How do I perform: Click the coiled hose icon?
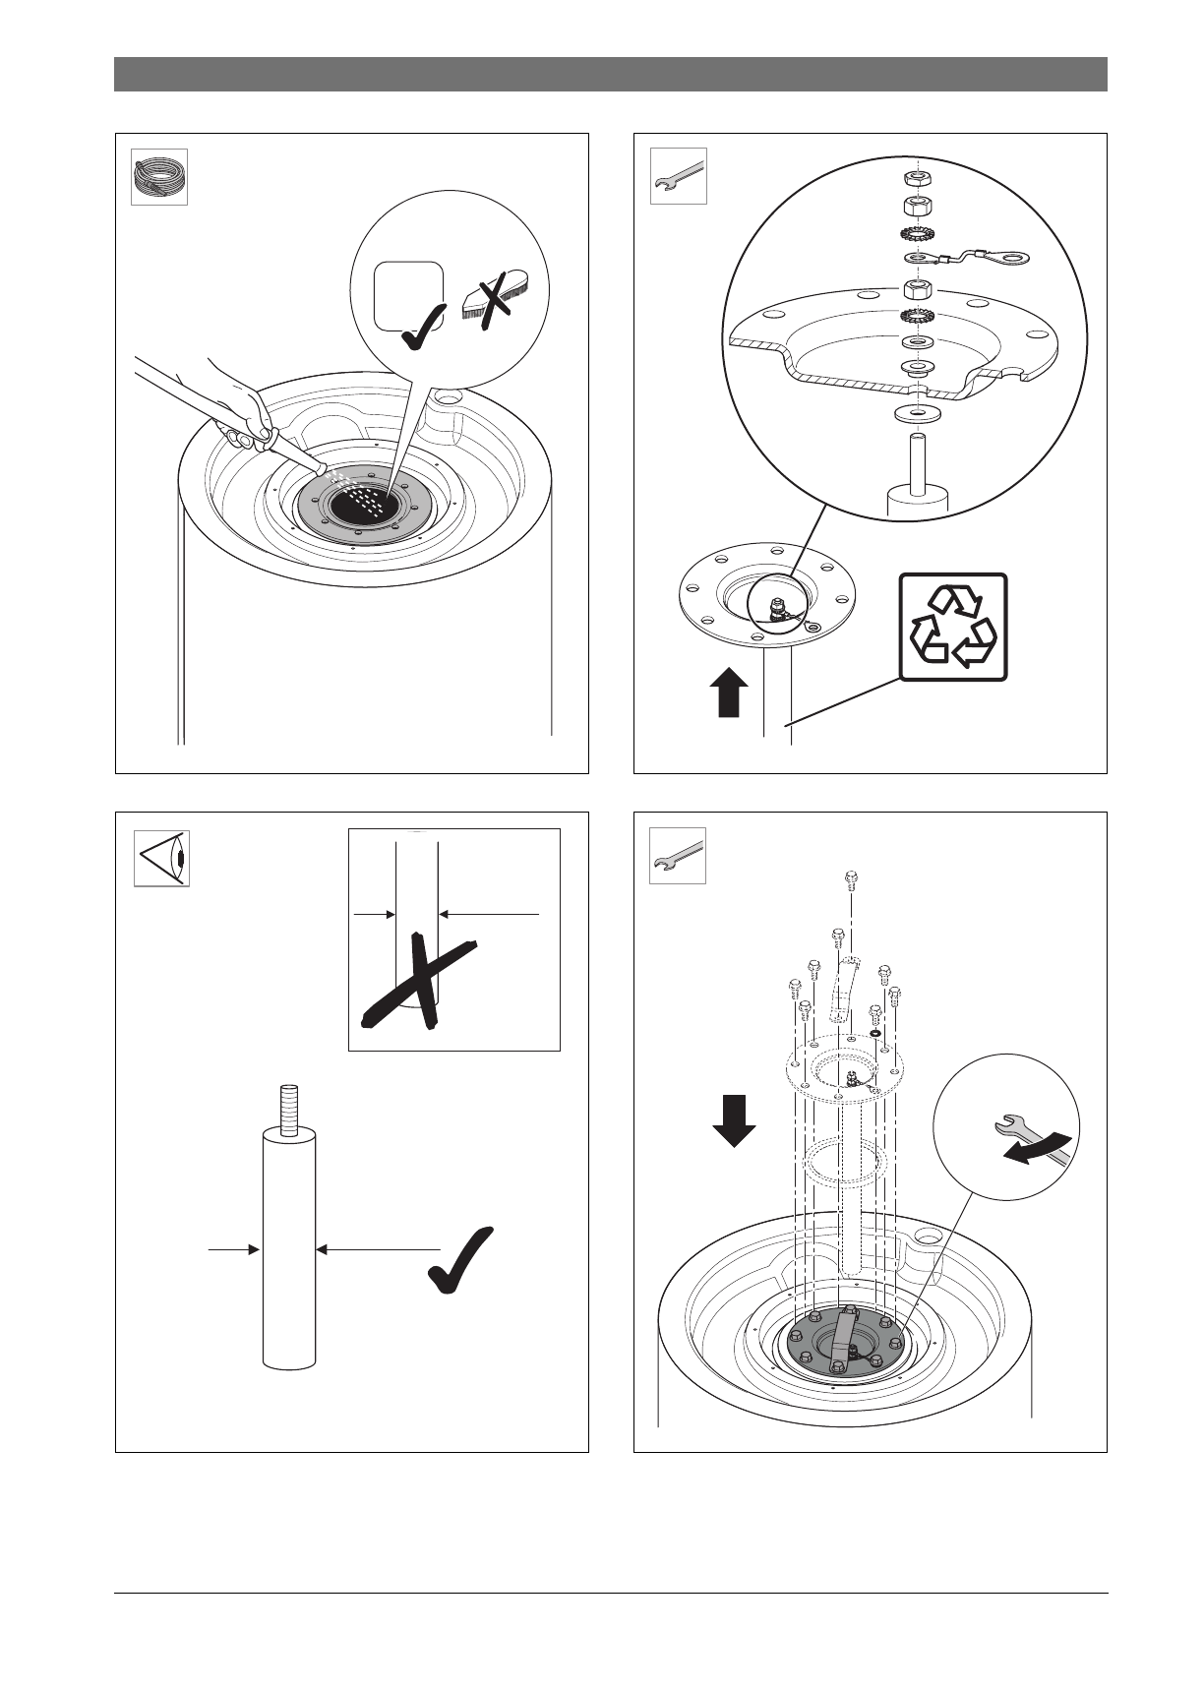coord(159,177)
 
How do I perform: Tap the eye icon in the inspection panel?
coord(161,859)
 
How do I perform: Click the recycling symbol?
coord(953,628)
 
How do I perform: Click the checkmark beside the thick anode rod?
coord(461,1259)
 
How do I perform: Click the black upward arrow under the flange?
coord(728,693)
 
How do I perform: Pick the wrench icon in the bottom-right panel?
coord(679,856)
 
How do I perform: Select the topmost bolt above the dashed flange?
coord(851,879)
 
